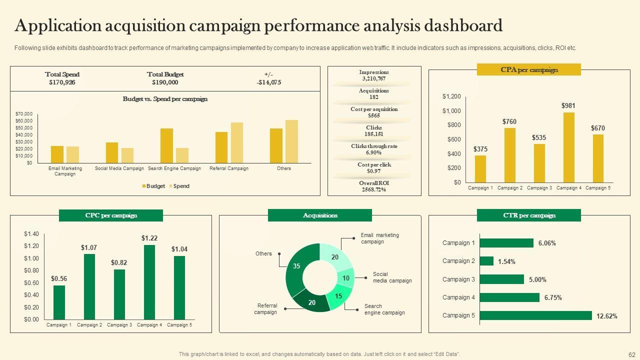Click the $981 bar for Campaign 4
coord(568,147)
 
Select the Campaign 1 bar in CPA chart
coord(480,169)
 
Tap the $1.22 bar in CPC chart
coord(149,282)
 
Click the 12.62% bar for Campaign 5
coord(535,315)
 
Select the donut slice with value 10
coord(345,278)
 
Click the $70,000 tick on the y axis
coord(24,114)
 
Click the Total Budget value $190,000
coord(165,82)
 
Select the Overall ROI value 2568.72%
coord(373,189)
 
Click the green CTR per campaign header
coord(529,215)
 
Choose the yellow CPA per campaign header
coord(529,70)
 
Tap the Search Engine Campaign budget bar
coord(166,145)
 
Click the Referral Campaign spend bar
coord(236,142)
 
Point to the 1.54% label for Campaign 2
coord(506,261)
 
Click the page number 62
coord(631,354)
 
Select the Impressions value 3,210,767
coord(373,78)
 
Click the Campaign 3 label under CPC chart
coord(119,325)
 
